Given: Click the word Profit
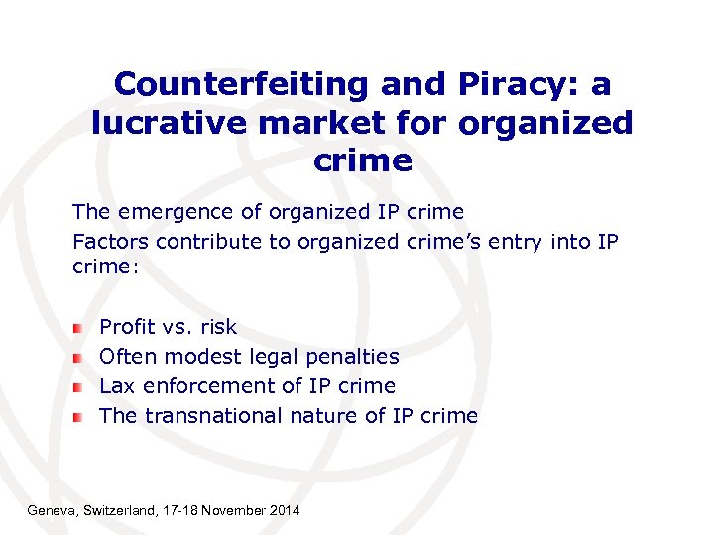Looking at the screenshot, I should tap(122, 327).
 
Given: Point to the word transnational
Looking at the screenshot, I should tap(213, 416).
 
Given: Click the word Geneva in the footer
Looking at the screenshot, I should tap(49, 510).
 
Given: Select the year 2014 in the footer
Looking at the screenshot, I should tap(285, 510).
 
